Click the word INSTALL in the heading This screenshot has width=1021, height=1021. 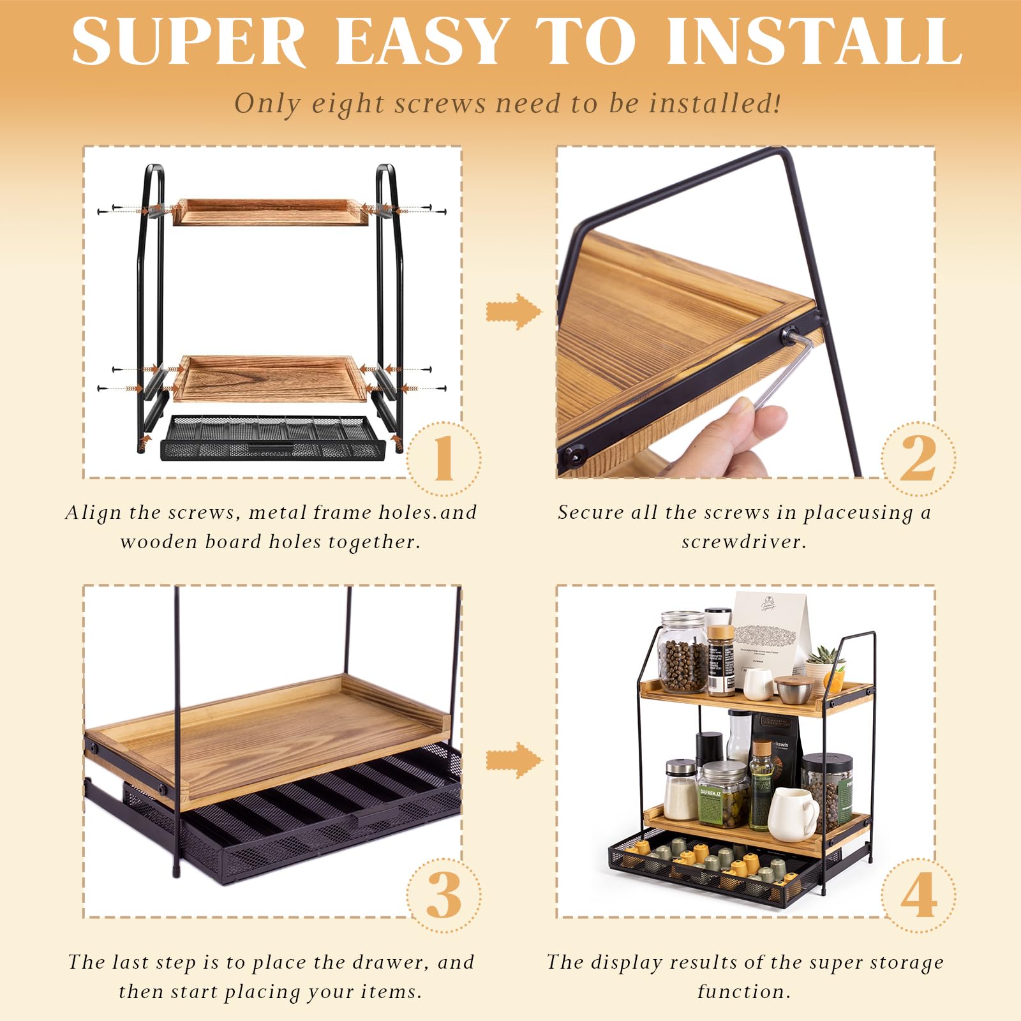(814, 41)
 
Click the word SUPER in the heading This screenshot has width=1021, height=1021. (189, 41)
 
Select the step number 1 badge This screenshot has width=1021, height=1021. (443, 458)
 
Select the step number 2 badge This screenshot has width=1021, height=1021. (918, 458)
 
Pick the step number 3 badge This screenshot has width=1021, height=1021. (443, 895)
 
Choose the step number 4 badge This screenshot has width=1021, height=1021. (918, 895)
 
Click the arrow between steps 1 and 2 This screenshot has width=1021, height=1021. (514, 311)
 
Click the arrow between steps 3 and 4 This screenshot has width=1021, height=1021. (514, 759)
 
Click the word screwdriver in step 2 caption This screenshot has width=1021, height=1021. (743, 542)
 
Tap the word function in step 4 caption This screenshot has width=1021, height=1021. (743, 992)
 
